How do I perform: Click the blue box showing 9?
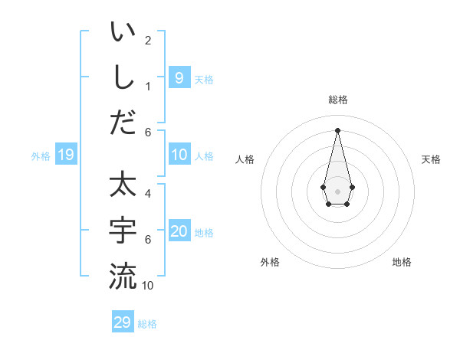[x=179, y=77]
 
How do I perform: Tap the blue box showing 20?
[x=179, y=232]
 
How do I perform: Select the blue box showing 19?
[x=65, y=155]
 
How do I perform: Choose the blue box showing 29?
[x=123, y=322]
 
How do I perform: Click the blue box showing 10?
[x=179, y=155]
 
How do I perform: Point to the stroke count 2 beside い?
[x=148, y=40]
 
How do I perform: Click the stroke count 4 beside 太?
[x=148, y=194]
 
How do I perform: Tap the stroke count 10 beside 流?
[x=148, y=285]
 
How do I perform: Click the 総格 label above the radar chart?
[x=337, y=100]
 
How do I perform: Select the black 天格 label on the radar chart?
[x=431, y=159]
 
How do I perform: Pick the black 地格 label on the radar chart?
[x=402, y=262]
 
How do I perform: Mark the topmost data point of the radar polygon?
[x=337, y=130]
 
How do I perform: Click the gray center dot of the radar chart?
[x=337, y=191]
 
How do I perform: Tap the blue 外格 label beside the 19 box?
[x=41, y=156]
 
